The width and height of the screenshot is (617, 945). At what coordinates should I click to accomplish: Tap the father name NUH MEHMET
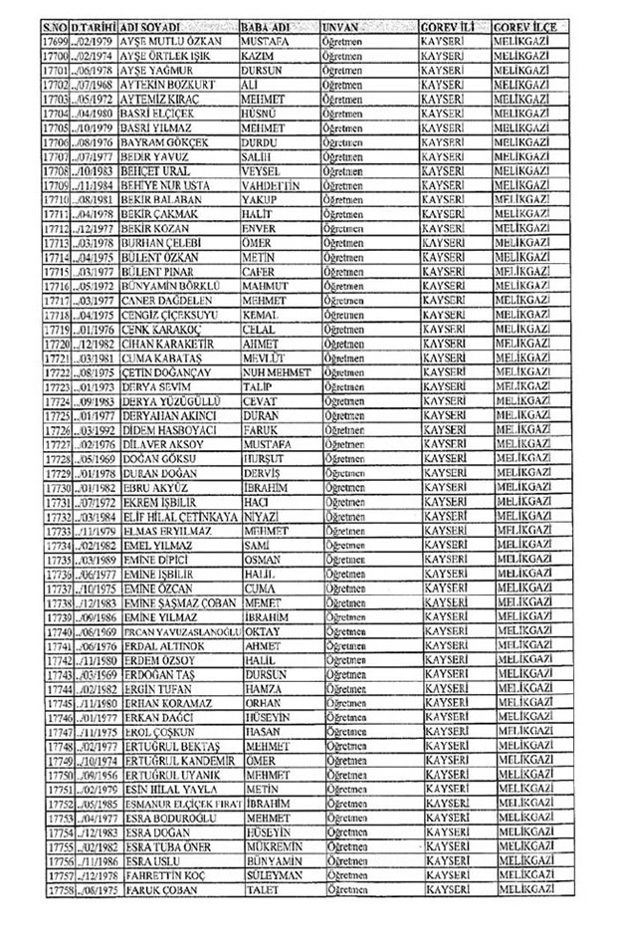click(x=278, y=371)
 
